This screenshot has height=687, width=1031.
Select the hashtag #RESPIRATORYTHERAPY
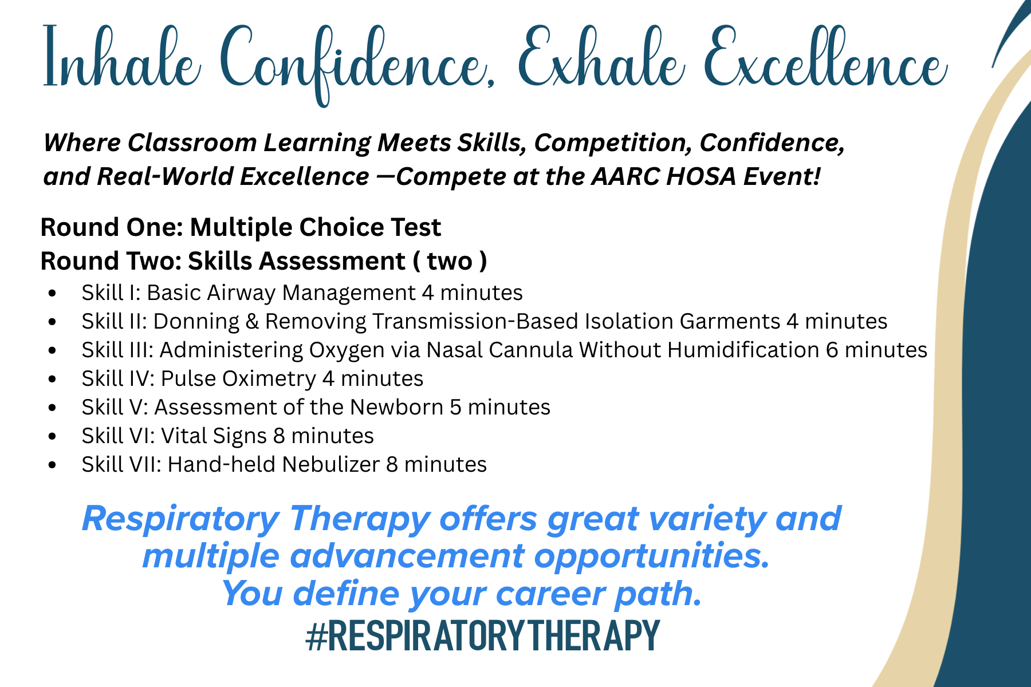point(483,635)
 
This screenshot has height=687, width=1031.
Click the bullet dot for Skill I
point(53,294)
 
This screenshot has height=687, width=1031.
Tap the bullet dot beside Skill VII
point(53,465)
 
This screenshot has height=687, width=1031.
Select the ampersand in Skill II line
point(252,321)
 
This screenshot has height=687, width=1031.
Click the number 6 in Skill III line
point(832,350)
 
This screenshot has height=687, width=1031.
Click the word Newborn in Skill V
point(396,407)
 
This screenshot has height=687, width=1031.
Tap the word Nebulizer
point(331,464)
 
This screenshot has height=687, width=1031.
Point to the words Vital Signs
point(214,436)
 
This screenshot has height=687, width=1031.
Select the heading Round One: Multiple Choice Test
point(241,228)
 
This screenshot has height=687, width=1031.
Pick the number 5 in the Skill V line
point(455,407)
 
